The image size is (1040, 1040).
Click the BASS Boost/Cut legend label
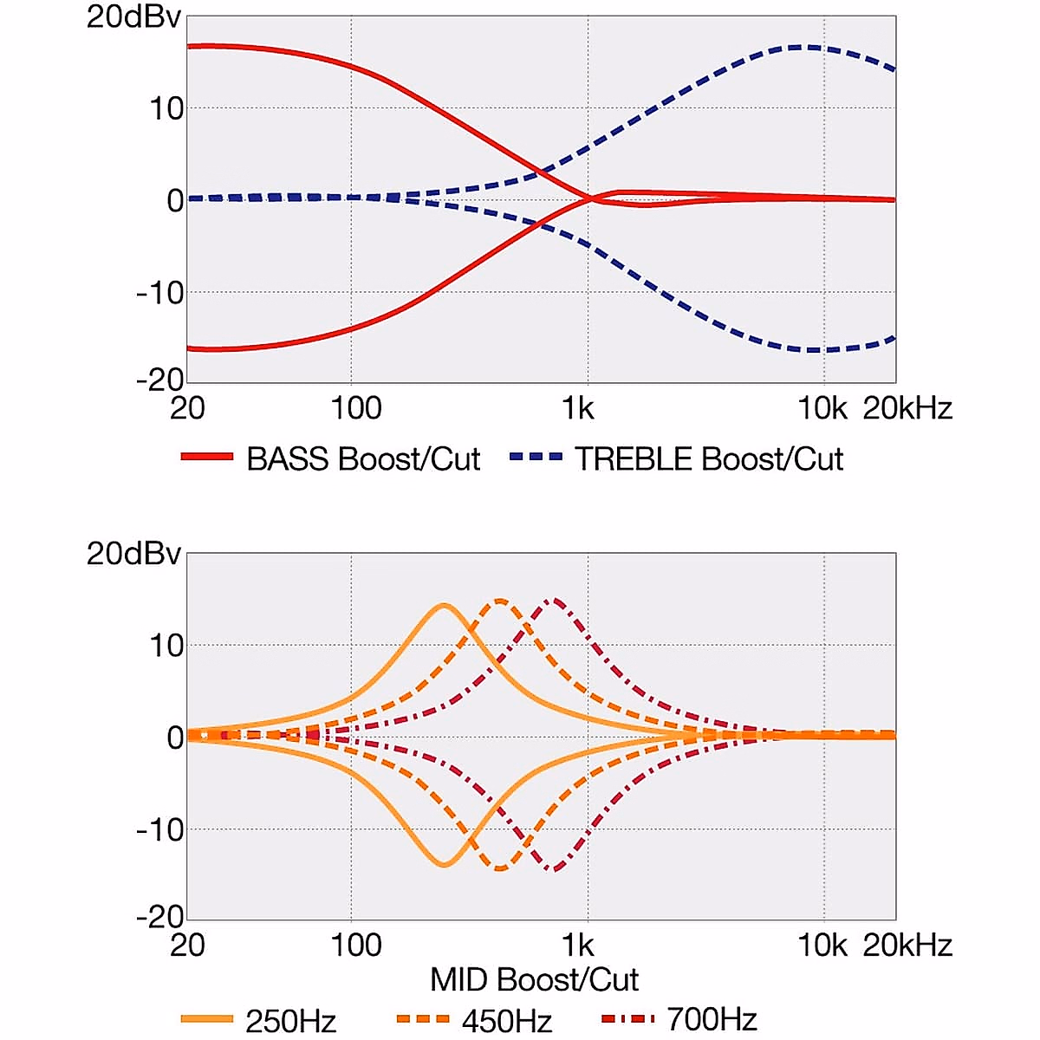pos(362,458)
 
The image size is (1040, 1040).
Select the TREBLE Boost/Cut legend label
pos(709,458)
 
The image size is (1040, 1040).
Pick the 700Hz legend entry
pos(712,1020)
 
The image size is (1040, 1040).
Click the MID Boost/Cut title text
pos(535,979)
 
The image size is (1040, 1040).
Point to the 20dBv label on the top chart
pos(133,17)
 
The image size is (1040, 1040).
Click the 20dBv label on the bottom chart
pos(133,554)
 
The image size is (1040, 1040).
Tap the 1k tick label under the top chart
pos(578,407)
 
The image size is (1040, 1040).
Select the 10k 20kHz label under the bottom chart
pos(874,944)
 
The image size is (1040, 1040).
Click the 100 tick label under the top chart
pos(356,407)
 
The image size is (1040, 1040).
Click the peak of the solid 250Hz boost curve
pos(444,606)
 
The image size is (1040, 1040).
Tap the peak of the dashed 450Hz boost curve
pos(500,600)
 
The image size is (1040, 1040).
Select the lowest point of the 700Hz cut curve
pos(553,868)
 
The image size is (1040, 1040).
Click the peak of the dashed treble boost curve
pos(810,47)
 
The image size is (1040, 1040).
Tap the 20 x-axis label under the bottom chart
pos(187,944)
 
